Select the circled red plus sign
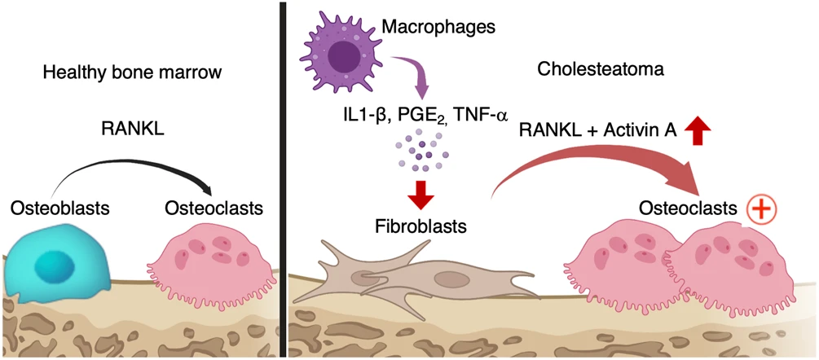(760, 210)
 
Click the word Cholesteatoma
(601, 71)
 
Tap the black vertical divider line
(281, 179)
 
